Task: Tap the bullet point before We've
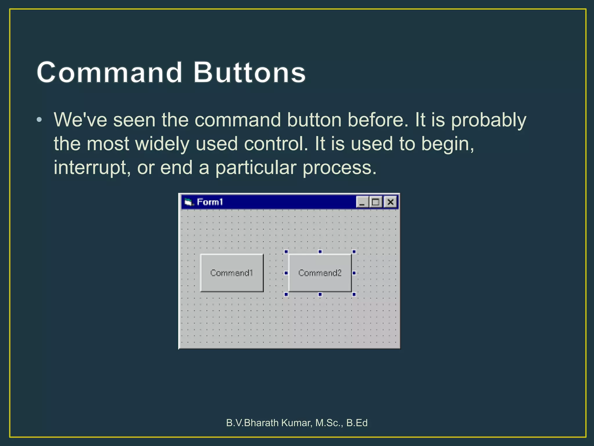coord(39,120)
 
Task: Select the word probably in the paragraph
coord(488,120)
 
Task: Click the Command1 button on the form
coord(232,273)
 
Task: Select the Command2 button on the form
coord(320,273)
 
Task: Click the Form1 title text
coord(210,202)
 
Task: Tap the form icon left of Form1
coord(189,202)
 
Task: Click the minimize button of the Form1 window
coord(362,202)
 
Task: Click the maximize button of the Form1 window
coord(376,202)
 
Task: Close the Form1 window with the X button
coord(390,202)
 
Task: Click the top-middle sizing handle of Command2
coord(320,251)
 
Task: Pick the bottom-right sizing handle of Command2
coord(354,294)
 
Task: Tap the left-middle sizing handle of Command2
coord(286,273)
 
